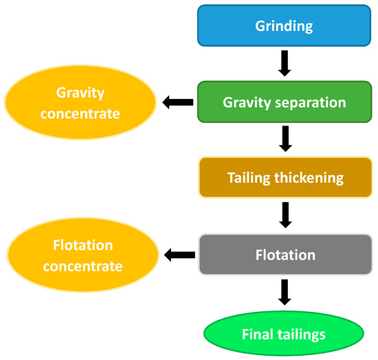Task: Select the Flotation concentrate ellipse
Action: [80, 255]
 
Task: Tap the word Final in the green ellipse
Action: [256, 335]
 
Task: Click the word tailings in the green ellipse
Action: [298, 335]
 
